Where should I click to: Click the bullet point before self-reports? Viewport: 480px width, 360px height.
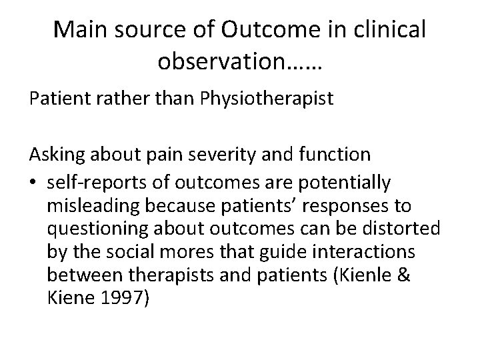pos(33,183)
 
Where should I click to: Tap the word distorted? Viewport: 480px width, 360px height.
pos(403,230)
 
